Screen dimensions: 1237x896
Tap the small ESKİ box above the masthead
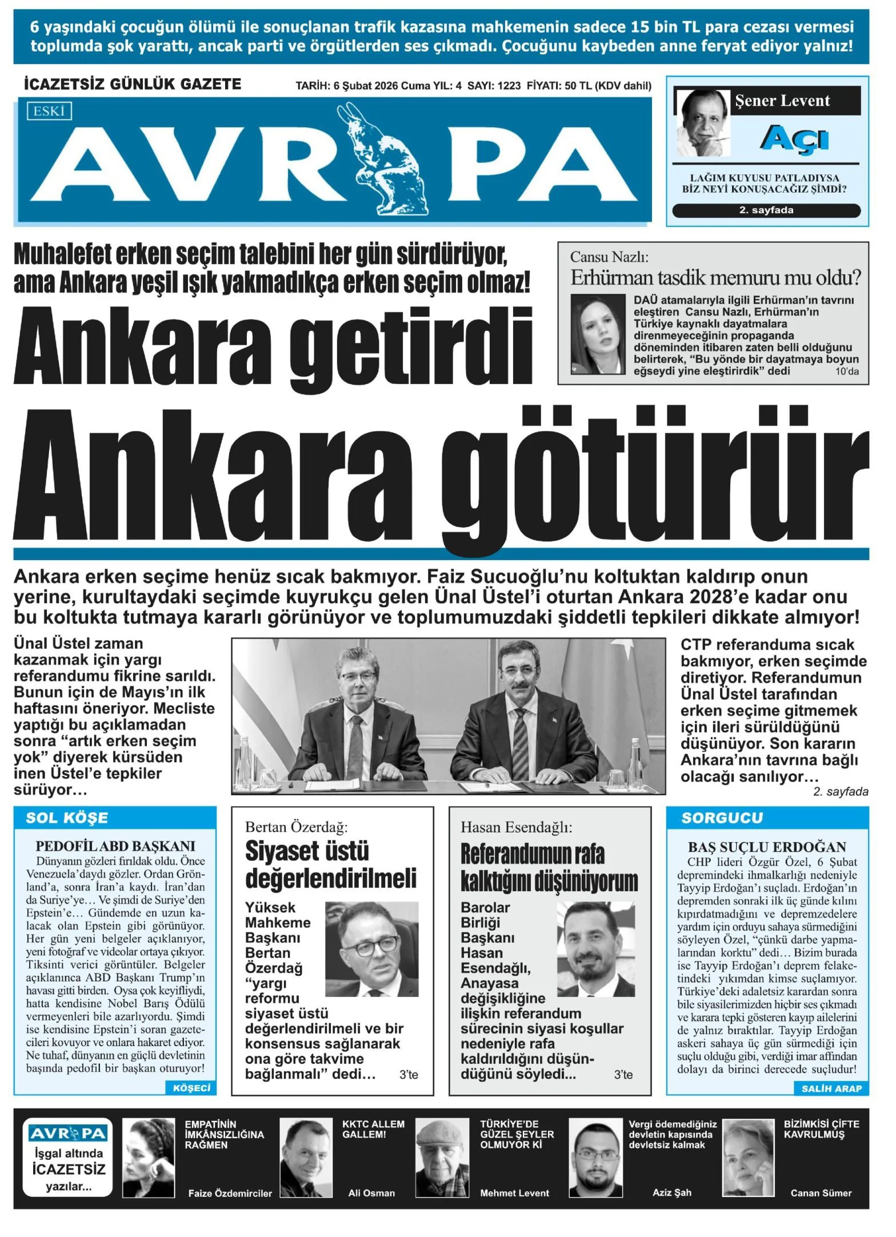(x=49, y=111)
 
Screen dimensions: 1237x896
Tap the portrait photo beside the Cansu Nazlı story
(x=598, y=334)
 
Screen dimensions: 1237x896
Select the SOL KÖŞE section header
(x=67, y=818)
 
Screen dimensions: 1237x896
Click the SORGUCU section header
(x=722, y=818)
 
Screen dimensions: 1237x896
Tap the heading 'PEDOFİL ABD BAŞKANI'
(x=115, y=846)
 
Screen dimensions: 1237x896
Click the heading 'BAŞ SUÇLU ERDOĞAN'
(x=767, y=847)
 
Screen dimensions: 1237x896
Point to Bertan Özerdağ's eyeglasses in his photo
(x=370, y=944)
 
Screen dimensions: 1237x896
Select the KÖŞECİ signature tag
(x=191, y=1088)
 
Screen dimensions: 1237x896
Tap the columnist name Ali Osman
(x=371, y=1193)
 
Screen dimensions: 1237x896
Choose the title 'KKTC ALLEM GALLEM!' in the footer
(x=373, y=1129)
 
